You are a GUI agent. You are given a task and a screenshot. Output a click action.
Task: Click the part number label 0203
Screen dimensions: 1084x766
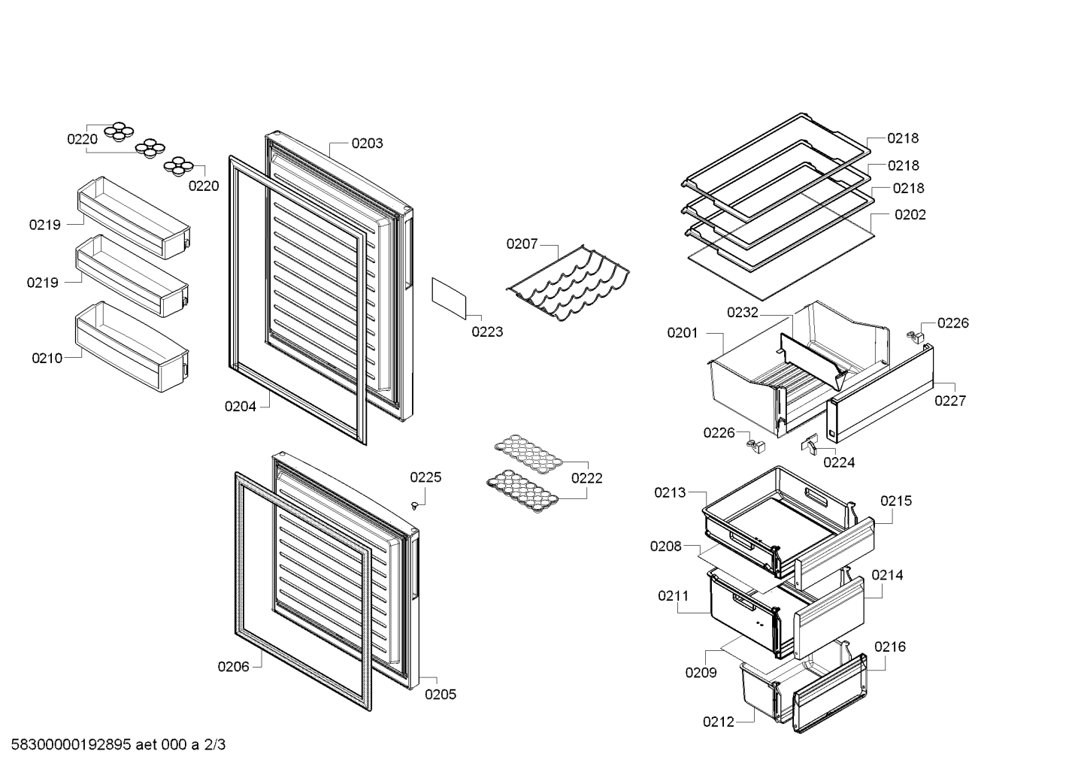click(x=367, y=144)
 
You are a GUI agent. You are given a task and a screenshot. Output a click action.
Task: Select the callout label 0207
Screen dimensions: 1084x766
click(x=522, y=244)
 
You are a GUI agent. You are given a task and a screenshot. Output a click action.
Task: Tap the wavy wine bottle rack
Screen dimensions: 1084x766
click(x=568, y=283)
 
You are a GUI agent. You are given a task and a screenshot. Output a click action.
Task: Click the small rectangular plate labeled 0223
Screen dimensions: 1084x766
click(x=449, y=298)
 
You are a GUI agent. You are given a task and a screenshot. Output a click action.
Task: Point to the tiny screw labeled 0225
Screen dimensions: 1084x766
click(x=414, y=505)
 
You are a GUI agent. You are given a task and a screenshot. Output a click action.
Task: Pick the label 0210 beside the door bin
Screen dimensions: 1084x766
click(x=47, y=358)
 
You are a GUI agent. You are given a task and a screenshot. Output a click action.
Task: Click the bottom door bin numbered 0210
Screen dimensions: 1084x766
click(x=132, y=347)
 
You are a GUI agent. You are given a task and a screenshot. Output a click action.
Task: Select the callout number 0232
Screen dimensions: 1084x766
click(x=743, y=313)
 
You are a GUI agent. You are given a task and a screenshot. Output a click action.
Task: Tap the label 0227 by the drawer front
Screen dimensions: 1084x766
click(x=950, y=401)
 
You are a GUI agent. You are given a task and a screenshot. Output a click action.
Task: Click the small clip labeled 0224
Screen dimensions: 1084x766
click(x=809, y=444)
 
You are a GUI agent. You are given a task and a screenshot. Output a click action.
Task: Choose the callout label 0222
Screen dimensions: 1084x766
click(x=586, y=478)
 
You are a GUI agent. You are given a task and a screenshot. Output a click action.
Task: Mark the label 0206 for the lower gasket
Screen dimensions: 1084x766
click(x=233, y=667)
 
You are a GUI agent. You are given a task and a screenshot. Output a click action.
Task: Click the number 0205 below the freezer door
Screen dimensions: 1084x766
click(x=441, y=695)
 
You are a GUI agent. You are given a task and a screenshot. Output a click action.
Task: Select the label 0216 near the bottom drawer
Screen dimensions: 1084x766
click(x=890, y=646)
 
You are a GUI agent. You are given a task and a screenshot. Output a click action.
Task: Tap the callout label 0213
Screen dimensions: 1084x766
click(x=670, y=492)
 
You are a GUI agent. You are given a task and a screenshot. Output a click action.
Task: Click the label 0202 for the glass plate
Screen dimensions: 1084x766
click(x=910, y=214)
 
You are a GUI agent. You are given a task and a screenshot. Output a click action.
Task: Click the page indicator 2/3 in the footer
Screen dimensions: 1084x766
click(x=214, y=744)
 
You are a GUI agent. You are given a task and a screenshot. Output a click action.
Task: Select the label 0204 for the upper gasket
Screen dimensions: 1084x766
click(x=240, y=407)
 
